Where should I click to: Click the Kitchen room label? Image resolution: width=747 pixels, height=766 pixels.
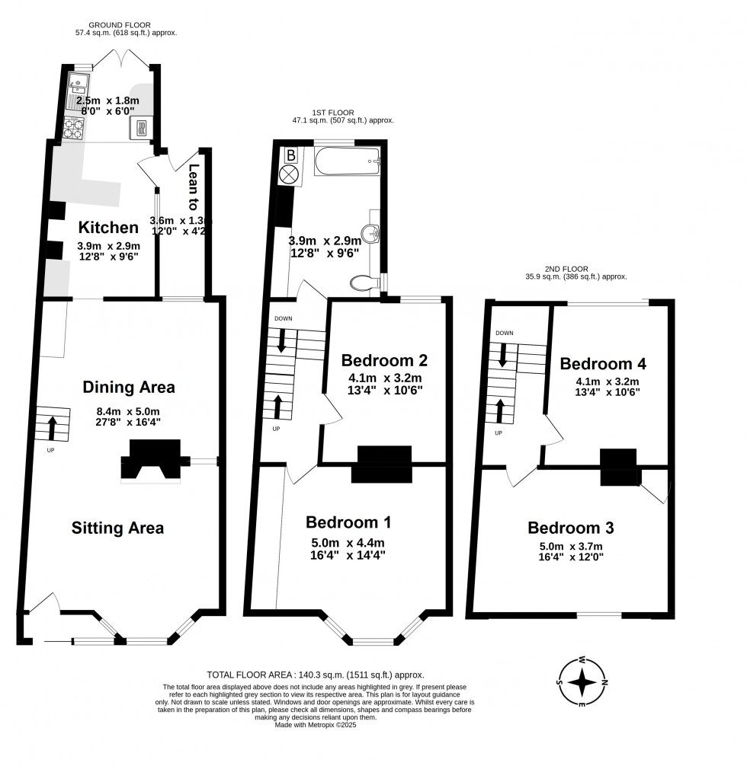tap(109, 227)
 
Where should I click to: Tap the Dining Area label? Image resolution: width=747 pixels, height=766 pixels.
tap(128, 387)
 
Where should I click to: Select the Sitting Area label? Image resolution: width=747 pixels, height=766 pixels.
tap(117, 527)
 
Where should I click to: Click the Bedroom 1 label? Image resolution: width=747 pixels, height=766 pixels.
tap(348, 522)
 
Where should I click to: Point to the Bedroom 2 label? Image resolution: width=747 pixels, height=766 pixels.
tap(383, 360)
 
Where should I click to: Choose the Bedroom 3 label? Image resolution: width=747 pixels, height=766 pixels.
tap(570, 528)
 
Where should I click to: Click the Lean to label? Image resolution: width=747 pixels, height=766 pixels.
tap(193, 187)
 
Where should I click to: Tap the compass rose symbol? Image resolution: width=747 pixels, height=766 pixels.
tap(583, 681)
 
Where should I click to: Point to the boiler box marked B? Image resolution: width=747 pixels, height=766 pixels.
tap(290, 155)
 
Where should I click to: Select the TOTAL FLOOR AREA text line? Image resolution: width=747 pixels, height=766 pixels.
tap(316, 675)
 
